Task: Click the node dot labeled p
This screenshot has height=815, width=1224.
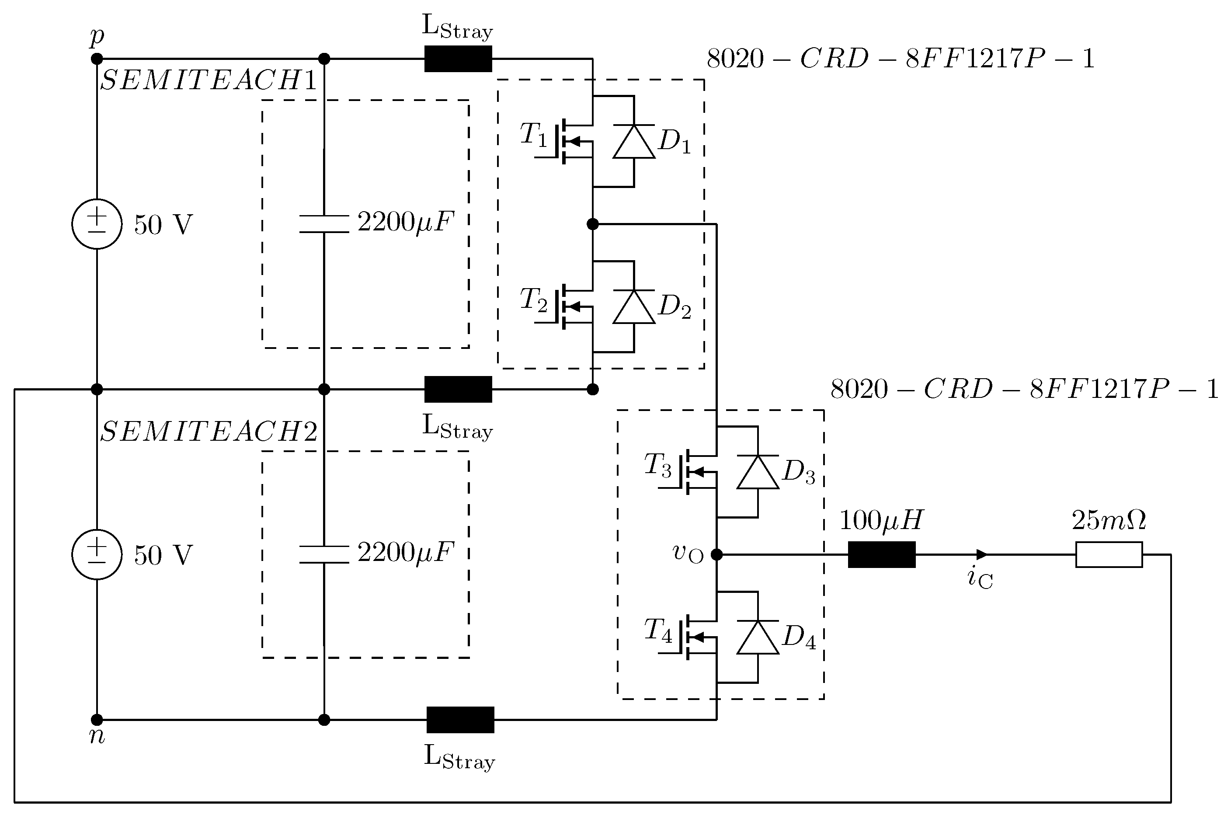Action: pos(97,59)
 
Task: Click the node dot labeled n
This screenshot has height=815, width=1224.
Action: pos(97,720)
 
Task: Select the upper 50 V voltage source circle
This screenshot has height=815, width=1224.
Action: pos(97,224)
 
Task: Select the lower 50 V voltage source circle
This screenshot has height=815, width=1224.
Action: pos(97,554)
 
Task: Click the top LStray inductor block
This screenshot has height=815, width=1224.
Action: pos(458,59)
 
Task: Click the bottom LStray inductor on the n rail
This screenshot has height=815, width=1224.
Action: pos(460,720)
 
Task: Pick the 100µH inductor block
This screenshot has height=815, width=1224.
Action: pos(882,554)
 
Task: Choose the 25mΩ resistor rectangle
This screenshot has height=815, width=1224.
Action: pos(1109,554)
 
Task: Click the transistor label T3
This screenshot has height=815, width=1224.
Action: pos(658,466)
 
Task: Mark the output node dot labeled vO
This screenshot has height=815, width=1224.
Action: pos(716,554)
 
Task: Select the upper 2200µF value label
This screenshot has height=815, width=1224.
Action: pos(406,223)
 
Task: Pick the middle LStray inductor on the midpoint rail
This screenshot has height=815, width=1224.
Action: pos(458,389)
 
